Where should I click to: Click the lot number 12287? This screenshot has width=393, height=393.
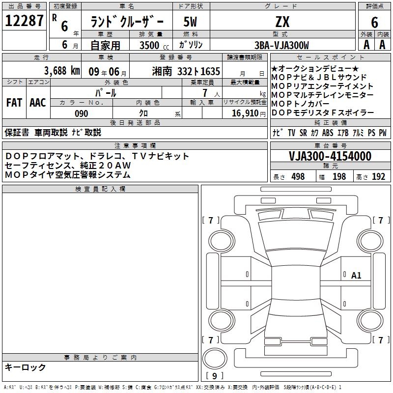coord(24,20)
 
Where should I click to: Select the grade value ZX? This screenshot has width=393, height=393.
coord(282,22)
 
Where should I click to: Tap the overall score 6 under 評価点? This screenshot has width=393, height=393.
coord(374,22)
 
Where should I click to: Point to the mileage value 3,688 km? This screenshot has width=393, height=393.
coord(62,71)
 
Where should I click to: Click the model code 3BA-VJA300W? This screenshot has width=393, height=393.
coord(281,45)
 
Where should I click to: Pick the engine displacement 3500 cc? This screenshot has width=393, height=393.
coord(154,45)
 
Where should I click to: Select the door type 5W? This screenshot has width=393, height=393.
coord(190,22)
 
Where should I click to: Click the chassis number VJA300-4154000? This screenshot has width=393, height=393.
coord(330,156)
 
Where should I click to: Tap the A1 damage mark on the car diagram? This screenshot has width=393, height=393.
coord(356,276)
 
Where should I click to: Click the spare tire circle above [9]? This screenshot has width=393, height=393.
coord(215,359)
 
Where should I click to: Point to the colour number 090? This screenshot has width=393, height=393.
coord(82,113)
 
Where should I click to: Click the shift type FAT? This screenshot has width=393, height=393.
coord(14,103)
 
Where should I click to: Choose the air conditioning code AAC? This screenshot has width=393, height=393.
coord(38,103)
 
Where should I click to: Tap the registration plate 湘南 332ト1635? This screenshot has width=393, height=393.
coord(186,71)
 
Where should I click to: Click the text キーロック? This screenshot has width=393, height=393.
coord(26,367)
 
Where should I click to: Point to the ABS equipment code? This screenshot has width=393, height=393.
coord(328,133)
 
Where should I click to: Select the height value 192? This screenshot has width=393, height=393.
coord(378,176)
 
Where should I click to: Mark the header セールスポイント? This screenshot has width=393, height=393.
coord(330,57)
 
